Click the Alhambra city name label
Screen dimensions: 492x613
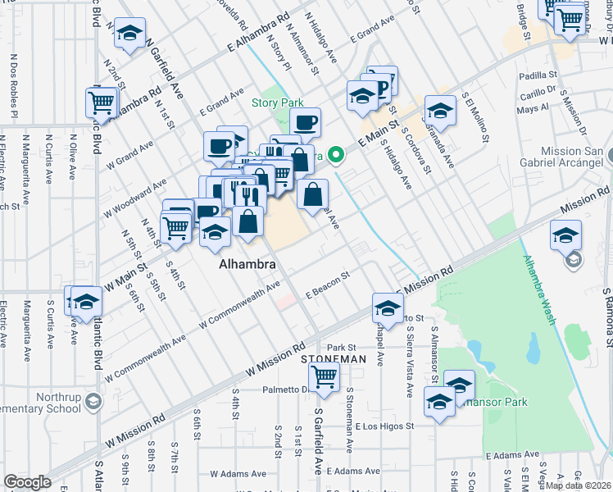(x=246, y=266)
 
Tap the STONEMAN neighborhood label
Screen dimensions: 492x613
(x=332, y=359)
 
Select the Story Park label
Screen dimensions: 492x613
(x=277, y=102)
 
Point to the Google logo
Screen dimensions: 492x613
(x=27, y=482)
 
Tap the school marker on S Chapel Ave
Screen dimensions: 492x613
(x=388, y=308)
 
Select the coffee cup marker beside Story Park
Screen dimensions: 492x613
(x=305, y=123)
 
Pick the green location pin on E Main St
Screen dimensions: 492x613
(x=335, y=153)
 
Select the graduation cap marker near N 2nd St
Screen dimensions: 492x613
(x=128, y=33)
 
